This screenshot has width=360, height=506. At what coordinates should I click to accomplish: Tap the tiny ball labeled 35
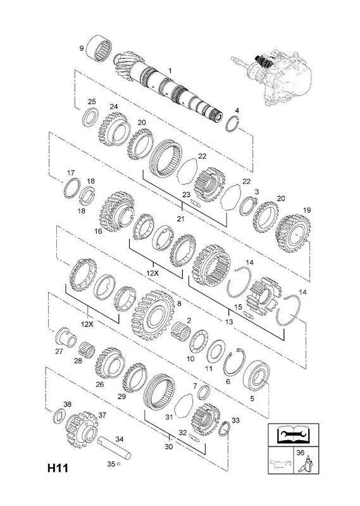pyautogui.click(x=118, y=464)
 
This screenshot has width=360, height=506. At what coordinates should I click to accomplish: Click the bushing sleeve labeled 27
pyautogui.click(x=66, y=336)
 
